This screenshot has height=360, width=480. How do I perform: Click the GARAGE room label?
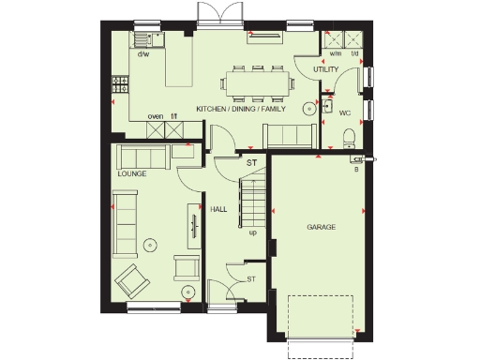pos(321,228)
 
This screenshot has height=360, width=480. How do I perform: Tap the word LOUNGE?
pos(132,174)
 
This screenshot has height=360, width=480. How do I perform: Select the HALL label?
pos(218,209)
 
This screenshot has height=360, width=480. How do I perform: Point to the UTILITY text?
pos(325,69)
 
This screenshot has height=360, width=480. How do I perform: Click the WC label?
pos(344,112)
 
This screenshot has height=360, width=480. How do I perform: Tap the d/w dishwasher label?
pos(143,55)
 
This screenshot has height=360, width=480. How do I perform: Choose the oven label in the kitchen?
pos(157,117)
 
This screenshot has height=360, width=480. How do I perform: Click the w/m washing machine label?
pos(335,53)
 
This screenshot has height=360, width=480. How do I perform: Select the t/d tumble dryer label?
pos(354,53)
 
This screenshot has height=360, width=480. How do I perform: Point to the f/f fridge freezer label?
pos(174,117)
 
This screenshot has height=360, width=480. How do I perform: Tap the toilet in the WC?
pos(350,138)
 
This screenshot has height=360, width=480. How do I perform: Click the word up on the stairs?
pos(252,232)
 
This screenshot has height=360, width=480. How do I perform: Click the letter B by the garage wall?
pos(356,169)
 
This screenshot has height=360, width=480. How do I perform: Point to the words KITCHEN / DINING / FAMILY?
pos(241,110)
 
